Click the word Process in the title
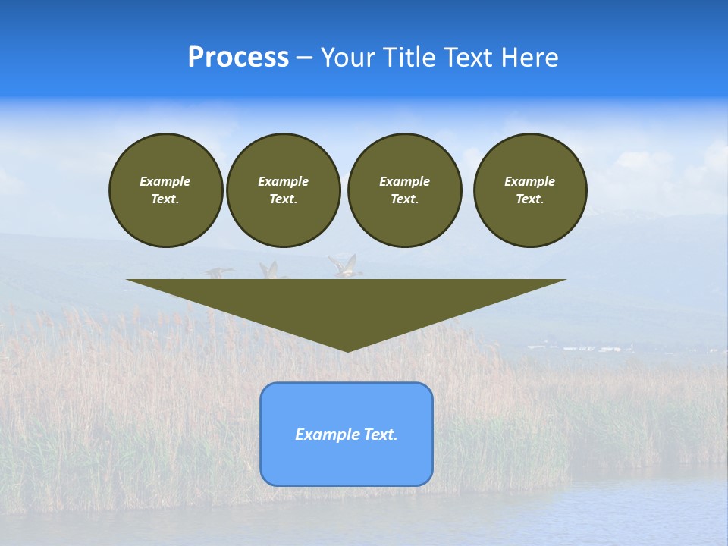pos(238,58)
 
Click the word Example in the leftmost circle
pos(165,181)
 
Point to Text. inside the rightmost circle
pos(529,199)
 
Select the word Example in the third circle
pos(404,181)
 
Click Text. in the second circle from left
pos(283,199)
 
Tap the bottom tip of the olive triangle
pos(347,350)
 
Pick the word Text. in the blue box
pos(380,435)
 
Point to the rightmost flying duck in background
pos(345,265)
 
